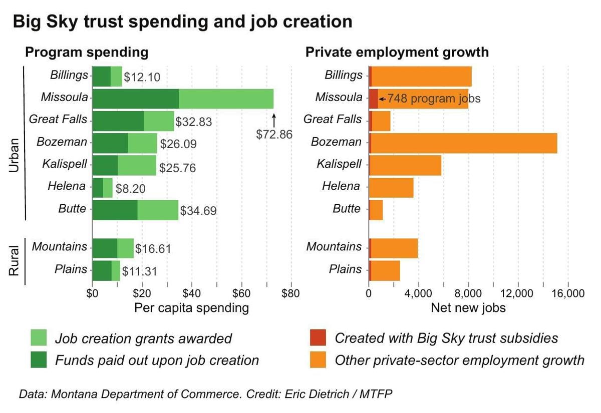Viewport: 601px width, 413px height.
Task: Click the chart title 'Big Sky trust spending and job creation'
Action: point(182,22)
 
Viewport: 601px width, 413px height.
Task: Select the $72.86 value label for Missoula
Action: point(274,134)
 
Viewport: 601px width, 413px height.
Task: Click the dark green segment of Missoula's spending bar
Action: point(135,99)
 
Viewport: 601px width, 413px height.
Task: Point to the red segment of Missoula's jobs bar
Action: point(374,99)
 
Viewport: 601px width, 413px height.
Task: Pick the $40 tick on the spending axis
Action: point(192,293)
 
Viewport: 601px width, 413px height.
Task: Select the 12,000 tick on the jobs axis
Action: point(518,293)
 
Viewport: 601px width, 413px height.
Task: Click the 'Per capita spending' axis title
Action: point(191,307)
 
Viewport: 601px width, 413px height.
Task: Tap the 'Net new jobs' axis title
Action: point(468,307)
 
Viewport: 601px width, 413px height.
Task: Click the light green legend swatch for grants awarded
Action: point(39,337)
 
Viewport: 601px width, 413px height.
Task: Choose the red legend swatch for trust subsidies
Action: point(318,337)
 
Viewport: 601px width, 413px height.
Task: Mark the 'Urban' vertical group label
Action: point(15,156)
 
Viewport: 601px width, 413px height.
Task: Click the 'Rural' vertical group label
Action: point(15,260)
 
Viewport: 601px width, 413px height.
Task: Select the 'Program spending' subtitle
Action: point(87,53)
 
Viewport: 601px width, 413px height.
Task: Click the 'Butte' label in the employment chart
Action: point(347,209)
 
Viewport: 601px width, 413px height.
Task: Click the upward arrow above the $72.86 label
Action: point(274,120)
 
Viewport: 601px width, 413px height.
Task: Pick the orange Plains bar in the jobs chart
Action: point(386,270)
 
